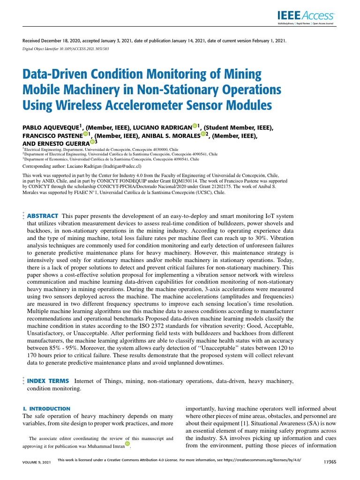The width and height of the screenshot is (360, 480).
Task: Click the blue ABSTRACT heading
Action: click(43, 216)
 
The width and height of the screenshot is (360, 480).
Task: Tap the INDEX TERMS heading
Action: click(48, 381)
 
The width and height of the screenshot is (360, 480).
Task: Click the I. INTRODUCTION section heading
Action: click(46, 409)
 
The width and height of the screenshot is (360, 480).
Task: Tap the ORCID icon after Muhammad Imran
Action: click(127, 444)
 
